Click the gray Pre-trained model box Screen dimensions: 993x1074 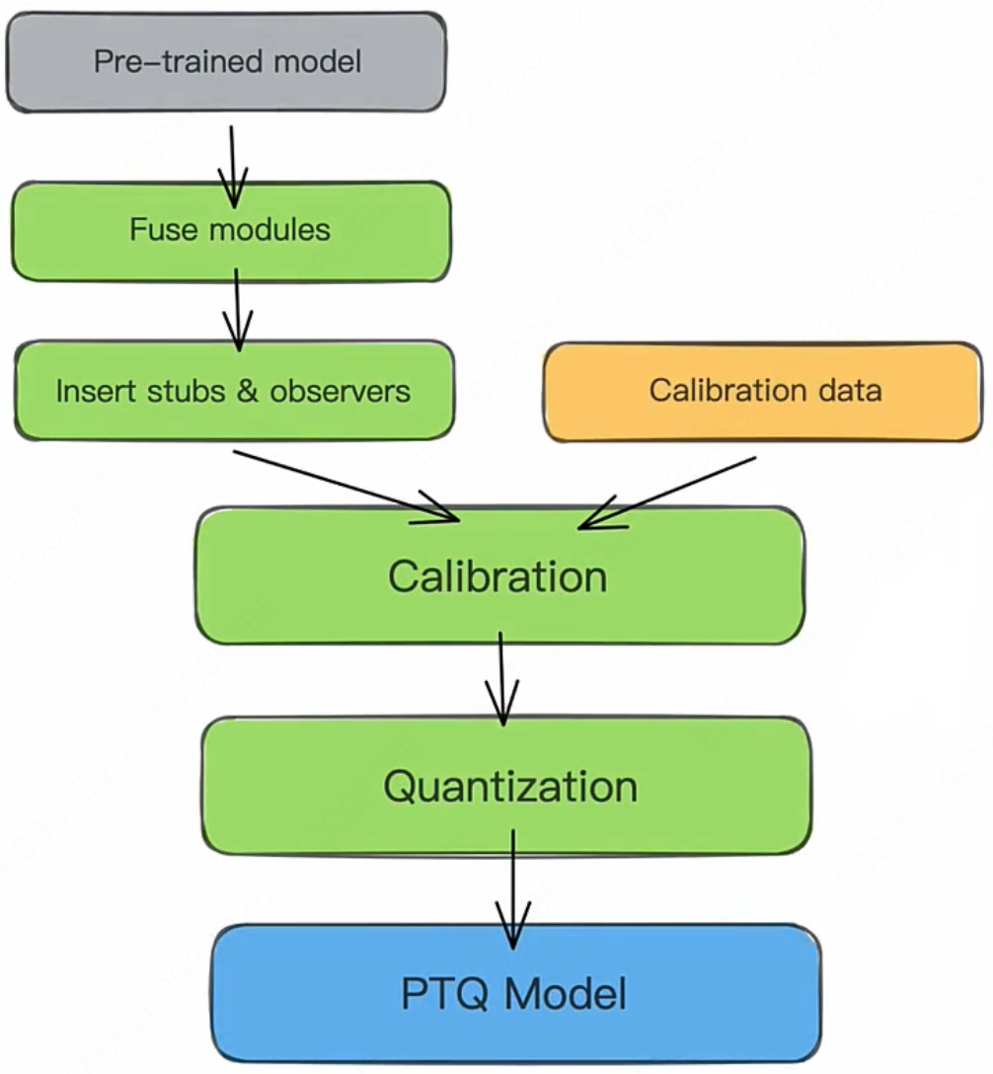(x=226, y=61)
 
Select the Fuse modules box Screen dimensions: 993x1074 (x=231, y=231)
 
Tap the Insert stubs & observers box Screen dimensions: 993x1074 (x=234, y=391)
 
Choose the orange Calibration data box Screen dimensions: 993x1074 (x=763, y=391)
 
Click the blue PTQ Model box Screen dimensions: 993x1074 (x=515, y=993)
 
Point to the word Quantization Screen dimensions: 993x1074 (x=510, y=787)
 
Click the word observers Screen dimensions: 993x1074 (x=340, y=391)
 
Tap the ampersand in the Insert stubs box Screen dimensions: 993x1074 (x=247, y=391)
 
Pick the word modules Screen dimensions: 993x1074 (x=269, y=229)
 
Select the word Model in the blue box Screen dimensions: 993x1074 (x=566, y=993)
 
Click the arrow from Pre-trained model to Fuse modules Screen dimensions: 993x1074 (x=232, y=167)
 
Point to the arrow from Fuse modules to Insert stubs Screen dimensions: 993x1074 (x=237, y=310)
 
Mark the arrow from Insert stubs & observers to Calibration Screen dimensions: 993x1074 (x=345, y=487)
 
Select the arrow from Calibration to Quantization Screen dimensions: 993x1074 (x=502, y=678)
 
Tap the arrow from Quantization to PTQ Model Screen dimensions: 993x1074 (x=513, y=889)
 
